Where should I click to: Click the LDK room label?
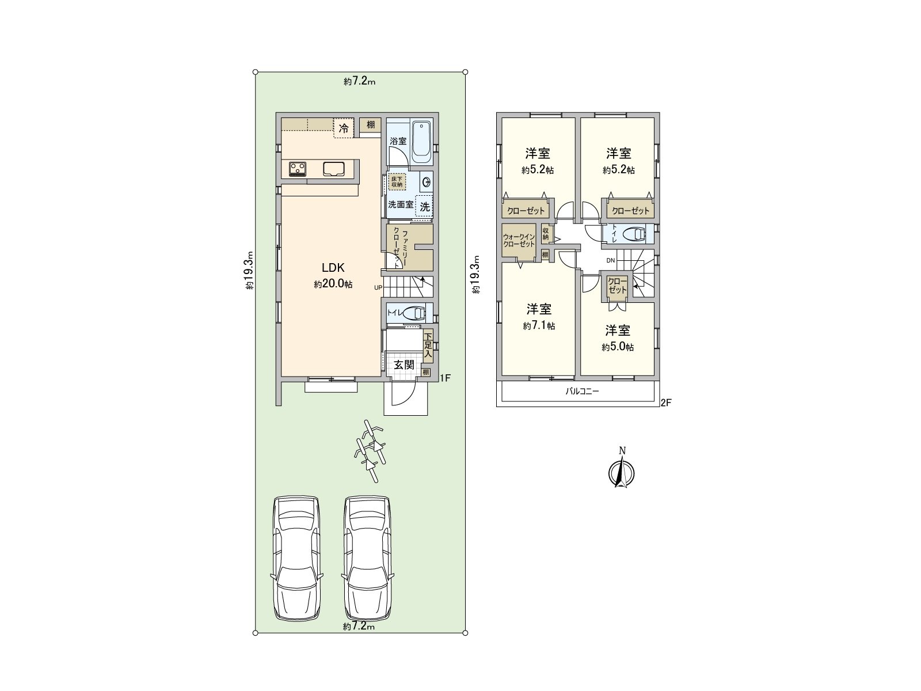(x=333, y=267)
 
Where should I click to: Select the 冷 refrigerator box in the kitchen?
(x=344, y=128)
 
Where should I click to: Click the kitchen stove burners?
(x=298, y=169)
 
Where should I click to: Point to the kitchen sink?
(x=333, y=169)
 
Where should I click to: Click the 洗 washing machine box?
(x=424, y=207)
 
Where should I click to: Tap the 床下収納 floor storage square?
(x=397, y=181)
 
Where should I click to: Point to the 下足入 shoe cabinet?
(x=428, y=346)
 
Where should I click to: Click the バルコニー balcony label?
(x=582, y=391)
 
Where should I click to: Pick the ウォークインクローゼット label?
(x=519, y=241)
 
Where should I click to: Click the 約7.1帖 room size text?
(x=539, y=326)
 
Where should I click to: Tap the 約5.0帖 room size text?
(x=618, y=347)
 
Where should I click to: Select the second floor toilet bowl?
(x=636, y=234)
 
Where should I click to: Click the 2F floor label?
(x=665, y=403)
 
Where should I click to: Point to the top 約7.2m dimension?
(x=360, y=81)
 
